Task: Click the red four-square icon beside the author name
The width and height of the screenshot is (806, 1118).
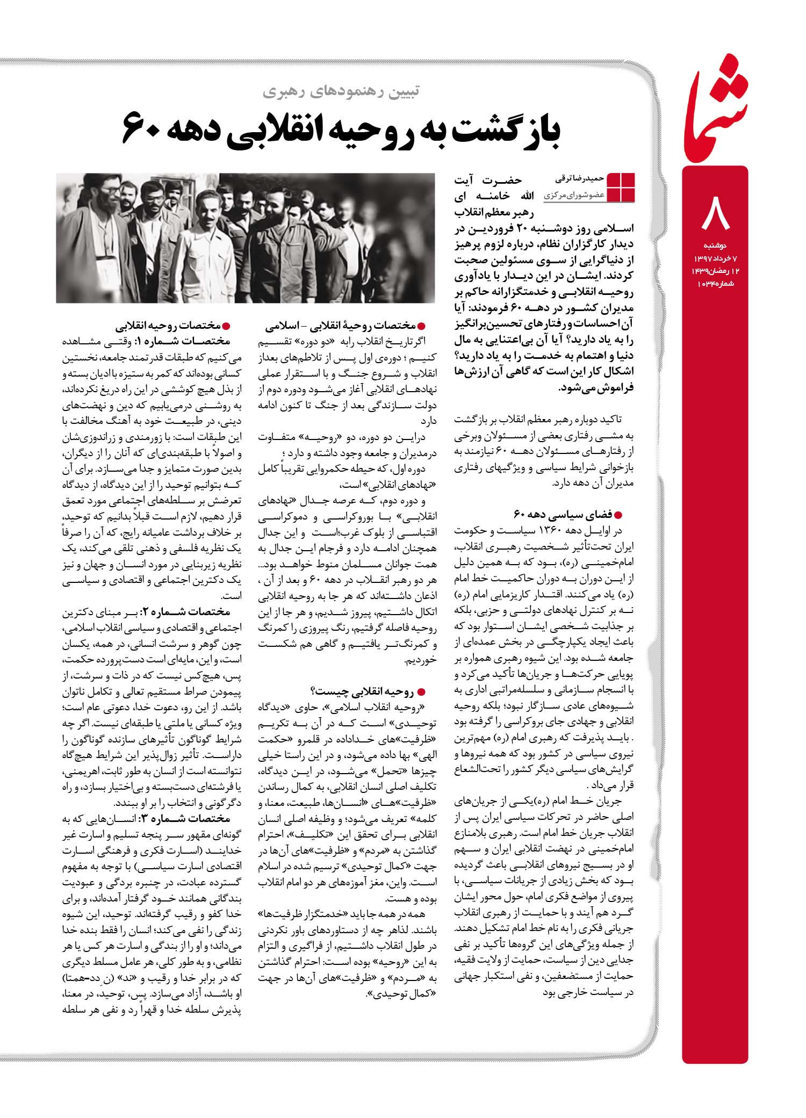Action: click(621, 187)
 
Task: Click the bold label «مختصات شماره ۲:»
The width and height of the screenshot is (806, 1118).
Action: click(186, 612)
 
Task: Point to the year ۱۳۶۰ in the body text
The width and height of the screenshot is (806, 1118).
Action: click(563, 531)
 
